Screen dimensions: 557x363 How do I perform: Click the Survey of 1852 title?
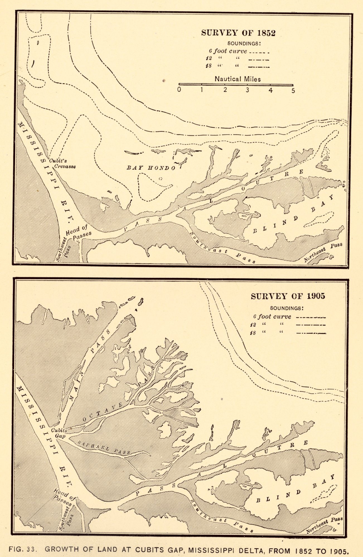pos(238,33)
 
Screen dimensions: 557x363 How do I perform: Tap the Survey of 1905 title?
pos(288,296)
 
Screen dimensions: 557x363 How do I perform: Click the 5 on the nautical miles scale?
pos(293,91)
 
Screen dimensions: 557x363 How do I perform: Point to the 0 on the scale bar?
pos(179,90)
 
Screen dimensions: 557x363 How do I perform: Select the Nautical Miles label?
pos(238,79)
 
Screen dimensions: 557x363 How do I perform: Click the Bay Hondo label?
pos(151,168)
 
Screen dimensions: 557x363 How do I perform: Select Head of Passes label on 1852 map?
pos(78,233)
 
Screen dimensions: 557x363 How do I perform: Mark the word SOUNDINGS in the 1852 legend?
pos(244,43)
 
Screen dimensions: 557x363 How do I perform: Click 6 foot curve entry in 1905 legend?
pos(272,317)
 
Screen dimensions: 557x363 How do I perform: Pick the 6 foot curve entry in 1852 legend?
pos(228,51)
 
